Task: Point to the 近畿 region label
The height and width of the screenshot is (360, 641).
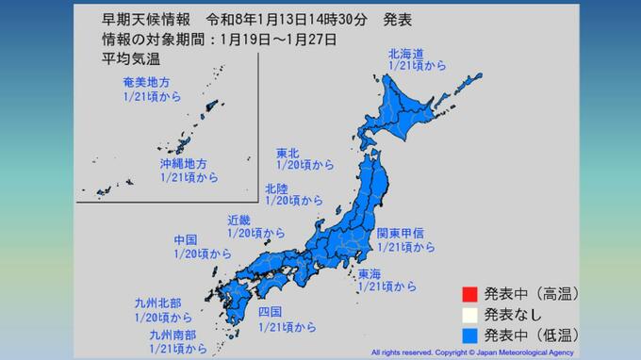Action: [x=239, y=221]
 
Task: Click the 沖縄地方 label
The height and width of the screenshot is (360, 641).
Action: [x=181, y=162]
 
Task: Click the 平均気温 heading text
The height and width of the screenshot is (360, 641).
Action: [x=129, y=57]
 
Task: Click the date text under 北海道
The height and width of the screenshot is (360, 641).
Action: [x=415, y=68]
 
